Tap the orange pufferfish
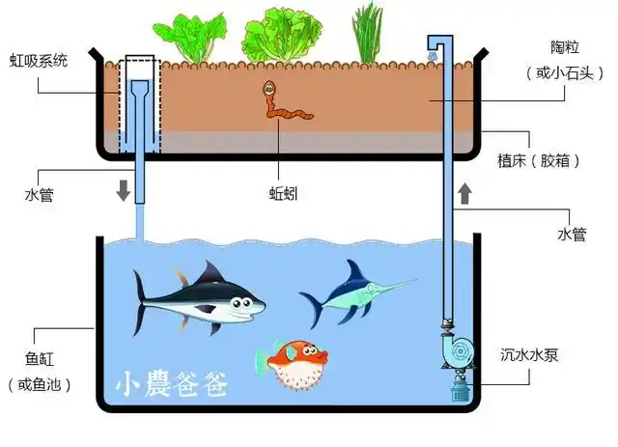click(290, 366)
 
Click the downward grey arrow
click(124, 189)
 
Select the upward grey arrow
click(464, 192)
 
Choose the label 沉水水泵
click(529, 355)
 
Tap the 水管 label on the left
click(40, 195)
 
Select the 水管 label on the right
click(572, 234)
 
